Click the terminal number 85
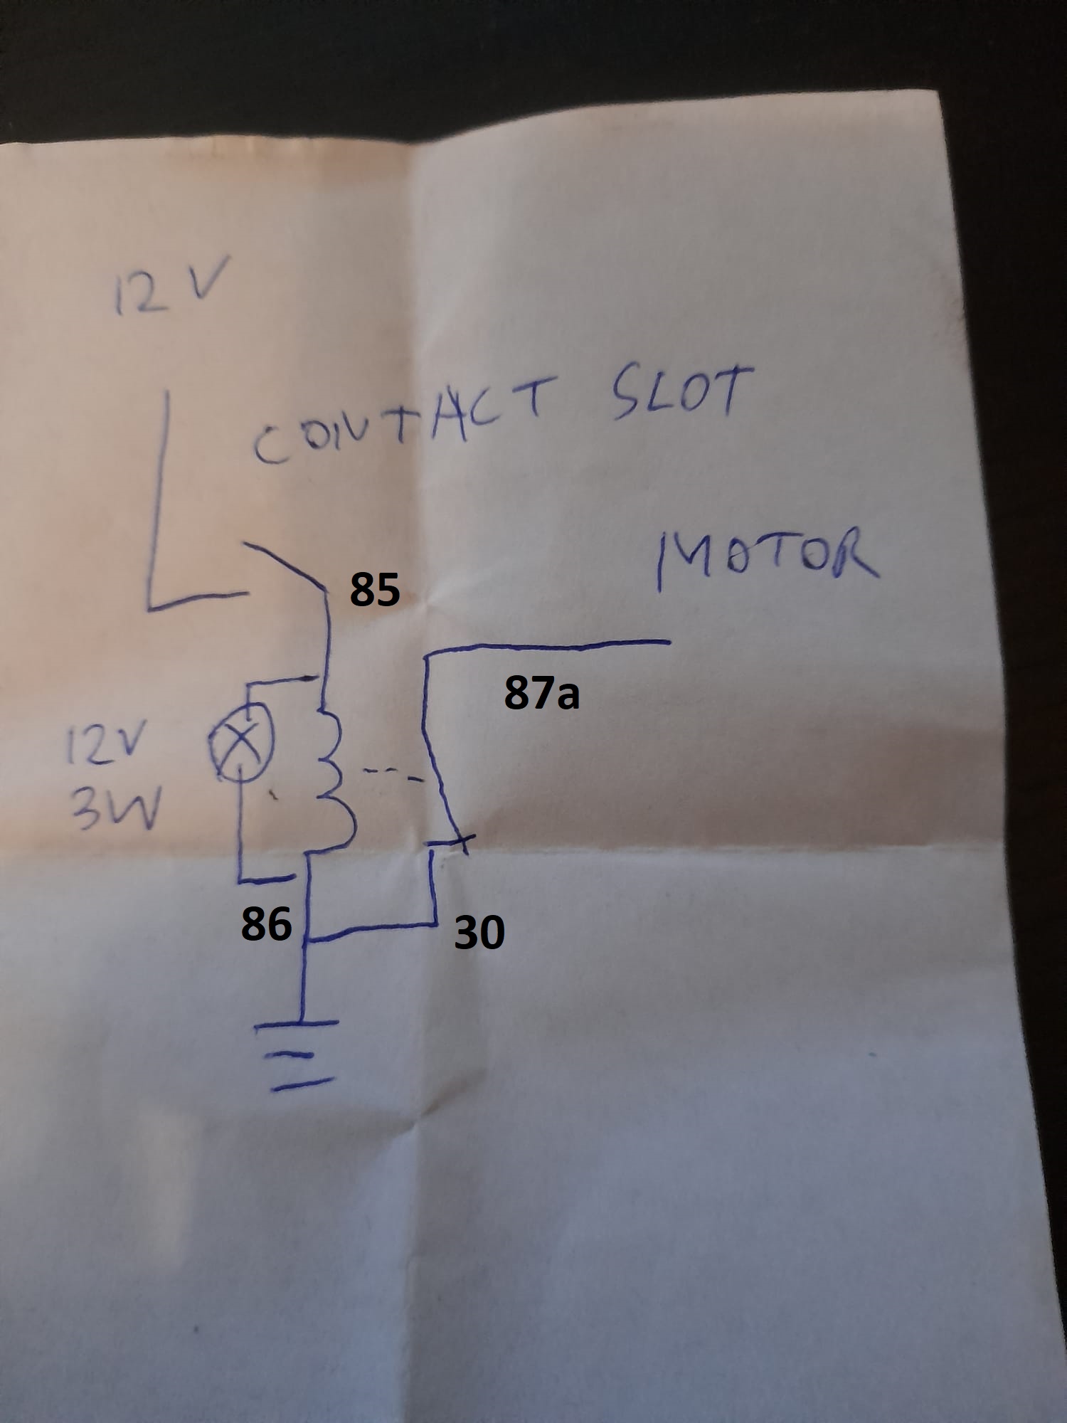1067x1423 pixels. pos(374,590)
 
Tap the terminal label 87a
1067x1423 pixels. pos(542,693)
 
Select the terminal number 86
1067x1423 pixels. pos(266,924)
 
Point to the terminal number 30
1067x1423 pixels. pos(479,931)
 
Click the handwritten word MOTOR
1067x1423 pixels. pos(767,558)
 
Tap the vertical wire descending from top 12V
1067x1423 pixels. pos(160,498)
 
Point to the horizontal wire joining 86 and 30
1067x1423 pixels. pos(370,931)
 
